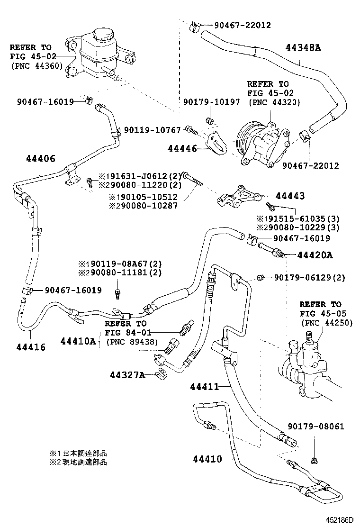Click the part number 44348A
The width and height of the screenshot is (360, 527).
(x=303, y=47)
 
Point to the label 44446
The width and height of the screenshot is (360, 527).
(x=182, y=149)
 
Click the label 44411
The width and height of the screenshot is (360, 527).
(x=205, y=387)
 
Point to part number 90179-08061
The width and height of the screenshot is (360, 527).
(x=316, y=427)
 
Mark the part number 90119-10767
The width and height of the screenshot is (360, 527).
(x=153, y=130)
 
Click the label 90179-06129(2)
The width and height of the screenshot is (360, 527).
(x=309, y=277)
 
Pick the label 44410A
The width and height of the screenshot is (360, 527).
(x=78, y=341)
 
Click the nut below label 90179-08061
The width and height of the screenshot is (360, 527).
(x=314, y=459)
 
